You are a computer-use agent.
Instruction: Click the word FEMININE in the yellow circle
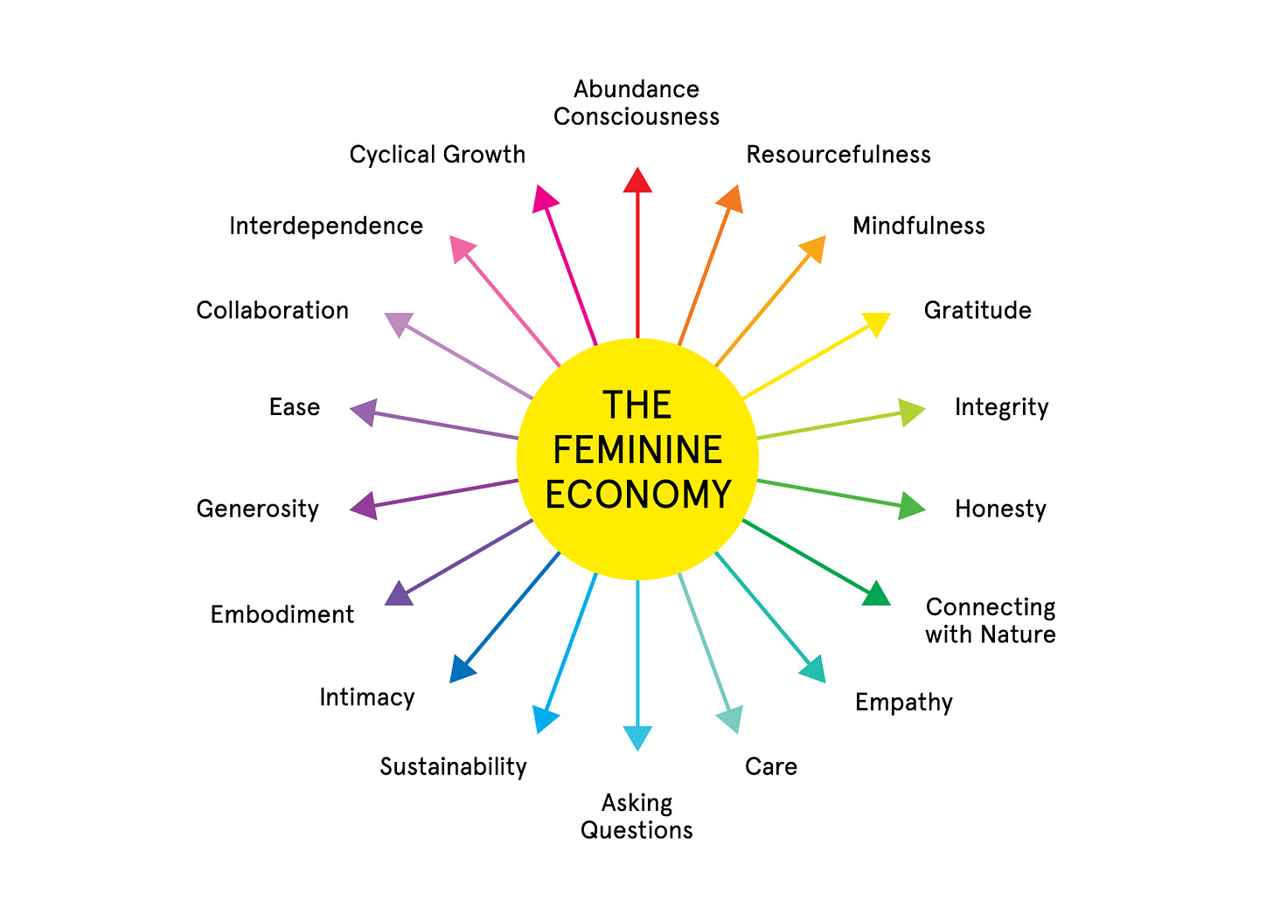pos(637,450)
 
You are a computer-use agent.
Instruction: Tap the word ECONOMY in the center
pos(637,495)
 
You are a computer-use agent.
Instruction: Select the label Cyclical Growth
pos(437,155)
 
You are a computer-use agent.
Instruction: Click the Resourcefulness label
pos(838,155)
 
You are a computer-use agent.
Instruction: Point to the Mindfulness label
pos(918,226)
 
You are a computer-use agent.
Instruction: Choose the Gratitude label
pos(977,310)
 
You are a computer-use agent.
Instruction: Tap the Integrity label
pos(1001,408)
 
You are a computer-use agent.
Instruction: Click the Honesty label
pos(1000,509)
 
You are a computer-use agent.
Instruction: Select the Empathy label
pos(904,703)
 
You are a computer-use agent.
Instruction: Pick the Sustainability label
pos(454,767)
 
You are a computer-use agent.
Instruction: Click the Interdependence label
pos(326,226)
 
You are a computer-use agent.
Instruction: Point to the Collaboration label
pos(272,310)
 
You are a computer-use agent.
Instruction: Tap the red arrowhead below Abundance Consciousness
pos(637,180)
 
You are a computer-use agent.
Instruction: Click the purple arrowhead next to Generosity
pos(365,506)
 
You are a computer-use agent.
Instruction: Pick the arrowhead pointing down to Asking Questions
pos(637,737)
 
